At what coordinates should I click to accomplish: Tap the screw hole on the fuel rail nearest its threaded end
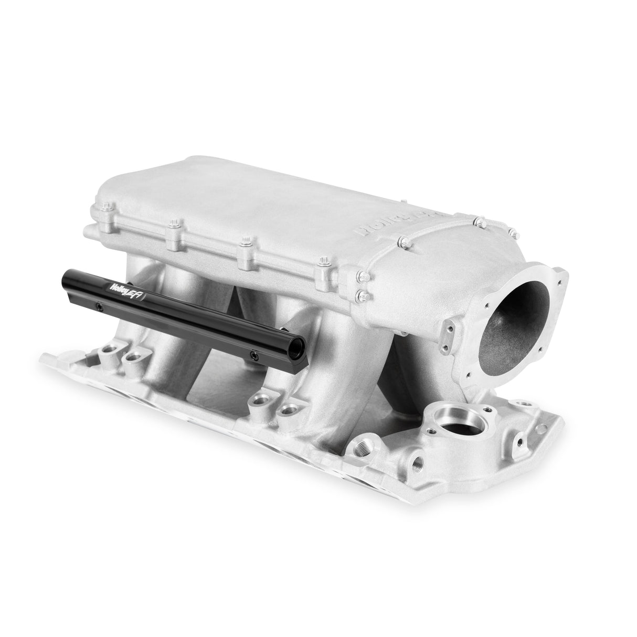(252, 354)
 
